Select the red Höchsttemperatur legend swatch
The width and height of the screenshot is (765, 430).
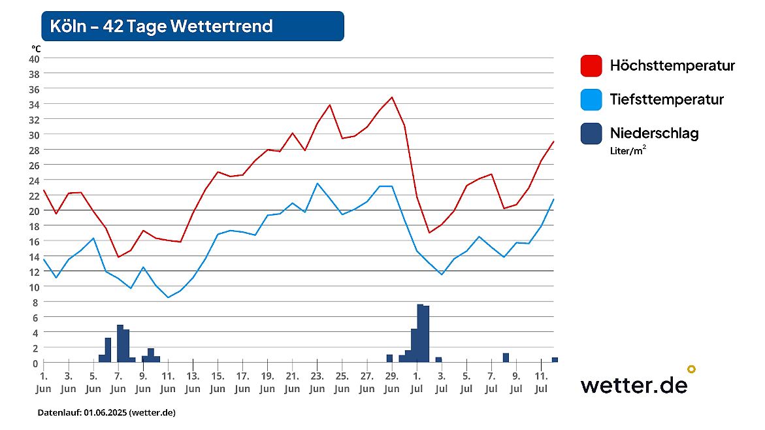coord(591,66)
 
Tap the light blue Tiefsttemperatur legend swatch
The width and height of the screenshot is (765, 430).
coord(591,100)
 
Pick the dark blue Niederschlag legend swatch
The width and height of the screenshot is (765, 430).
coord(591,134)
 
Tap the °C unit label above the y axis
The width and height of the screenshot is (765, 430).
coord(36,48)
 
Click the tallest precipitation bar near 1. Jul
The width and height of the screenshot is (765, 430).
coord(420,333)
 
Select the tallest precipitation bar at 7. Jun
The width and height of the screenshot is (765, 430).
coord(120,343)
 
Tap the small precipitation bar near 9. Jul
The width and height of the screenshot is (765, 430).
coord(506,357)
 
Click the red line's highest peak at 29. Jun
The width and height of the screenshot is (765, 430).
coord(392,97)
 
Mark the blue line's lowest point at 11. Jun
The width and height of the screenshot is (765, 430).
coord(168,297)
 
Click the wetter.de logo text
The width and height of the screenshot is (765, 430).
coord(634,385)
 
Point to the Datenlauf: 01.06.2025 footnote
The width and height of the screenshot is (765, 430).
coord(106,413)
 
